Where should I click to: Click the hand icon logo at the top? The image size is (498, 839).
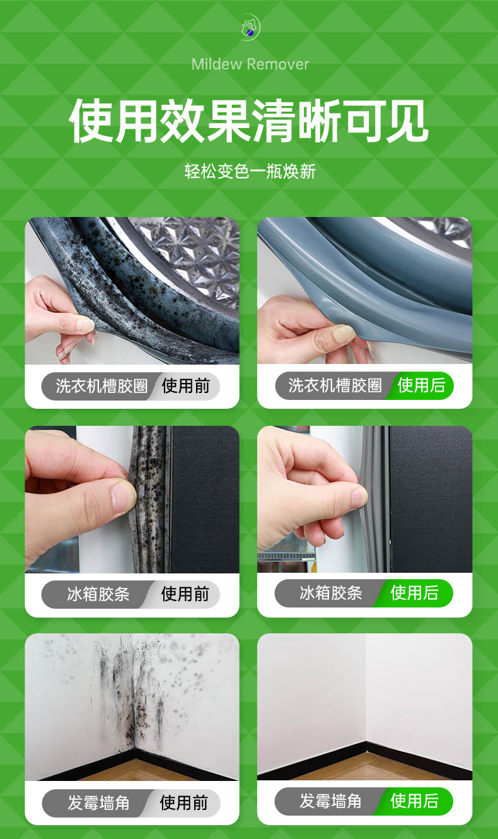(250, 27)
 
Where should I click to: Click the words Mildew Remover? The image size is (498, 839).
(250, 64)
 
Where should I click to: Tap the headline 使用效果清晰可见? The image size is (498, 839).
(248, 120)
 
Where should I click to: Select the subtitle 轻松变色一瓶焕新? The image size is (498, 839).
(250, 172)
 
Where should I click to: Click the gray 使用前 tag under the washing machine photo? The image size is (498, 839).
(185, 386)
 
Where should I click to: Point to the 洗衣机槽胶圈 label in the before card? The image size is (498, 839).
(101, 386)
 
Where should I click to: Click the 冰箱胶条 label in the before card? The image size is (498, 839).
(98, 594)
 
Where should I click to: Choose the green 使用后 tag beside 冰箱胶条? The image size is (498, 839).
(415, 593)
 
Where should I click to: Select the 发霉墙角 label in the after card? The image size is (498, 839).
(330, 801)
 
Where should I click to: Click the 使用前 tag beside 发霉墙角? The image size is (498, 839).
(184, 802)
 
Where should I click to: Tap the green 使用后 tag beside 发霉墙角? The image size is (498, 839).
(415, 801)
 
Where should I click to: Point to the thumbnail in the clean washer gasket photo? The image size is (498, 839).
(344, 333)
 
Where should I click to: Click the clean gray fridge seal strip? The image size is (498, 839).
(375, 499)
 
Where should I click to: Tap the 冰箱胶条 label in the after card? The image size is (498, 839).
(331, 593)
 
